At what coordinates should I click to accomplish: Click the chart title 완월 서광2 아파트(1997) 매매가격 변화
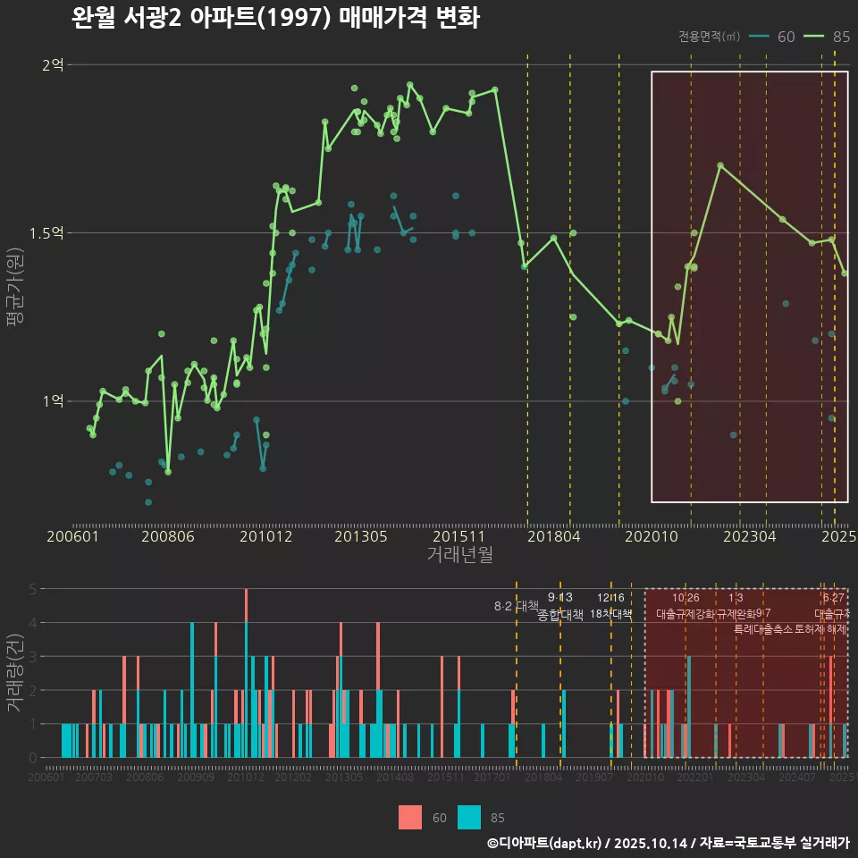point(275,19)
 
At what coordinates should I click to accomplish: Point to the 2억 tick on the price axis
point(53,64)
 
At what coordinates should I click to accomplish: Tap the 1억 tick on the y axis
point(53,400)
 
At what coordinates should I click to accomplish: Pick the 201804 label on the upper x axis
point(552,537)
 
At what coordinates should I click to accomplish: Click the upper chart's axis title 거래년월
point(459,555)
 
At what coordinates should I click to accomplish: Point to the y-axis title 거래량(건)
point(15,672)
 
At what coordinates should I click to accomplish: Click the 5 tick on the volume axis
point(32,589)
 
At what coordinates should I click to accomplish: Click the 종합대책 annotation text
point(560,615)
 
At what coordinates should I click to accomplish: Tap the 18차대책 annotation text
point(611,615)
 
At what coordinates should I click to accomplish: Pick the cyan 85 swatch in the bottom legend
point(469,817)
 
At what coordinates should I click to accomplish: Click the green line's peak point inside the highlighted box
point(719,165)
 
